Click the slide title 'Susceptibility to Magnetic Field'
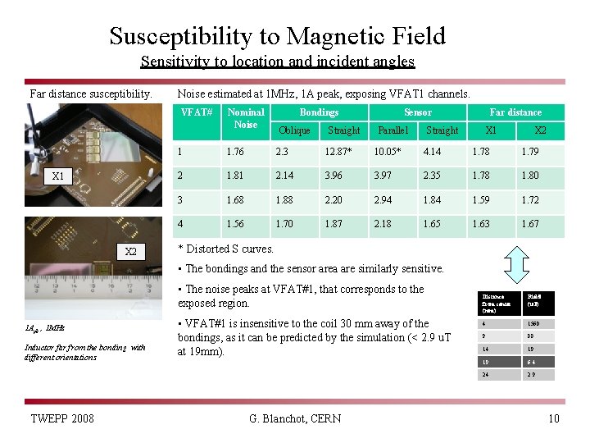pos(278,36)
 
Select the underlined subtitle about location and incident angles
pos(277,62)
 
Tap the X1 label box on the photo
pos(58,176)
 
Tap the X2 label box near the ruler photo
pos(130,251)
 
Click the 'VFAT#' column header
pos(197,112)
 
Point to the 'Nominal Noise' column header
pos(246,118)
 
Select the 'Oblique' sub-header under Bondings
pos(294,130)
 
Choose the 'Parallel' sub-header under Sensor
pos(393,130)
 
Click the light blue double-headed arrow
pos(516,264)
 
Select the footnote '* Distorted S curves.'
pos(226,249)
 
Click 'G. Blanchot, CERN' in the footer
pos(295,419)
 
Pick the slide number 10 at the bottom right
pos(553,419)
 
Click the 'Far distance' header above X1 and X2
pos(515,112)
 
